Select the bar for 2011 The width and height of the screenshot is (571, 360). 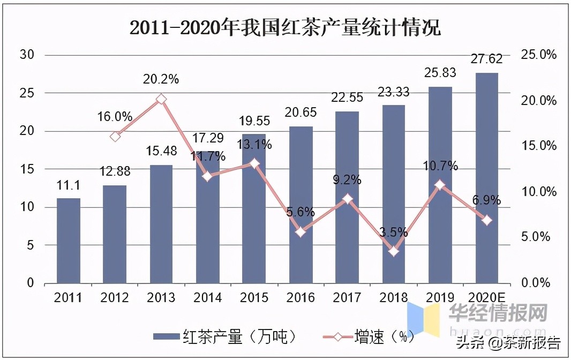(x=69, y=241)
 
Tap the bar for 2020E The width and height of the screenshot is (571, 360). (x=487, y=178)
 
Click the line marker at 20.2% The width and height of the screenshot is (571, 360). (x=161, y=99)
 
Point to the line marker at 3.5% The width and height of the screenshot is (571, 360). (x=394, y=251)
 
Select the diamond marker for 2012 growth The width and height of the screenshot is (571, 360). (x=115, y=137)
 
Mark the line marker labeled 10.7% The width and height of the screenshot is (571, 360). (x=440, y=185)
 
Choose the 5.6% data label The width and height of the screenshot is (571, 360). (x=300, y=212)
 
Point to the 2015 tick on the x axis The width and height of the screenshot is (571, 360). (x=254, y=298)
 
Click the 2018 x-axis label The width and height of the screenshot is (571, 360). (x=394, y=298)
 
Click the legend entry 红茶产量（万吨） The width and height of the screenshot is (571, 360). (x=225, y=336)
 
